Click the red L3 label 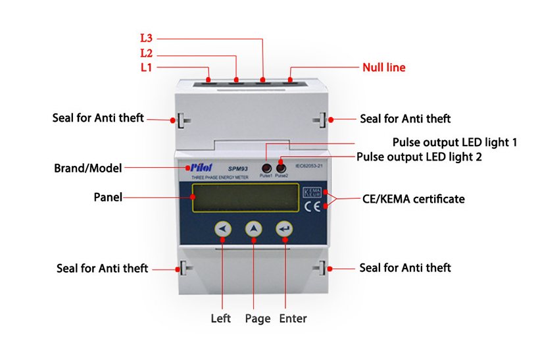pos(146,39)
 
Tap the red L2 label pos(147,53)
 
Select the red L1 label pos(147,67)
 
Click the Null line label pos(384,67)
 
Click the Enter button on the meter pos(285,228)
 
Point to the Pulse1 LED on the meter pos(266,167)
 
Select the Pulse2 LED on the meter pos(281,167)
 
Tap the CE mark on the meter pos(312,207)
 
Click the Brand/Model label pos(88,168)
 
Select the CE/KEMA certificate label pos(414,199)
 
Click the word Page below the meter pos(257,319)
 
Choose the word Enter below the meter pos(293,319)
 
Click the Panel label pos(107,197)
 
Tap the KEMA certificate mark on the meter pos(312,193)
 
